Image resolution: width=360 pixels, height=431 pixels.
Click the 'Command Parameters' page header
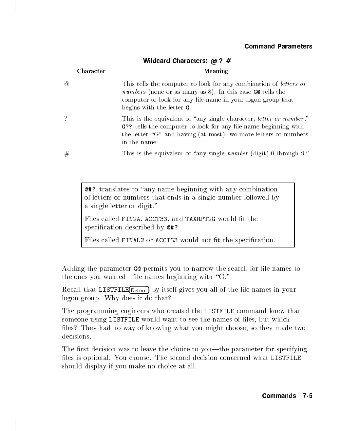(x=278, y=46)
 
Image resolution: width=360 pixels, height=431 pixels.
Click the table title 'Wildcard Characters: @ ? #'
(x=187, y=61)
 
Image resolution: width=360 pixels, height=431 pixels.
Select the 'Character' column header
(x=91, y=71)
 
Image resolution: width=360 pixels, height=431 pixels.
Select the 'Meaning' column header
(x=216, y=71)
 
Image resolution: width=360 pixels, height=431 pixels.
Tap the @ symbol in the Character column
(x=67, y=84)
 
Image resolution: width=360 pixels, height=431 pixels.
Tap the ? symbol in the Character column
(x=66, y=119)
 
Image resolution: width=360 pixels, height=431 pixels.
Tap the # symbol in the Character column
(x=67, y=154)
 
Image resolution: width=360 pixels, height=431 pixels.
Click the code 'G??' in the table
(x=127, y=127)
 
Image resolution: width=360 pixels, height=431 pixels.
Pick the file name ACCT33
(x=156, y=219)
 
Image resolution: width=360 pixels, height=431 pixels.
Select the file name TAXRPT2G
(x=200, y=219)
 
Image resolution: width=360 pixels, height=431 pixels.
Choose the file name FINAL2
(x=133, y=240)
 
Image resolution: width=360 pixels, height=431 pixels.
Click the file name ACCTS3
(x=166, y=240)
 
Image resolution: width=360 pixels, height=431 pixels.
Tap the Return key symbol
(x=139, y=290)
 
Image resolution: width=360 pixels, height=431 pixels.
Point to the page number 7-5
(x=307, y=396)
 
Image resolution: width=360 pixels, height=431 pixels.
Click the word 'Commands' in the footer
(x=279, y=396)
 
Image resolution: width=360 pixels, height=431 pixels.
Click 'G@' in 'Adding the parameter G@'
(x=137, y=269)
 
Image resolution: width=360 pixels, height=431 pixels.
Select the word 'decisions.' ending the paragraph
(x=77, y=337)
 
